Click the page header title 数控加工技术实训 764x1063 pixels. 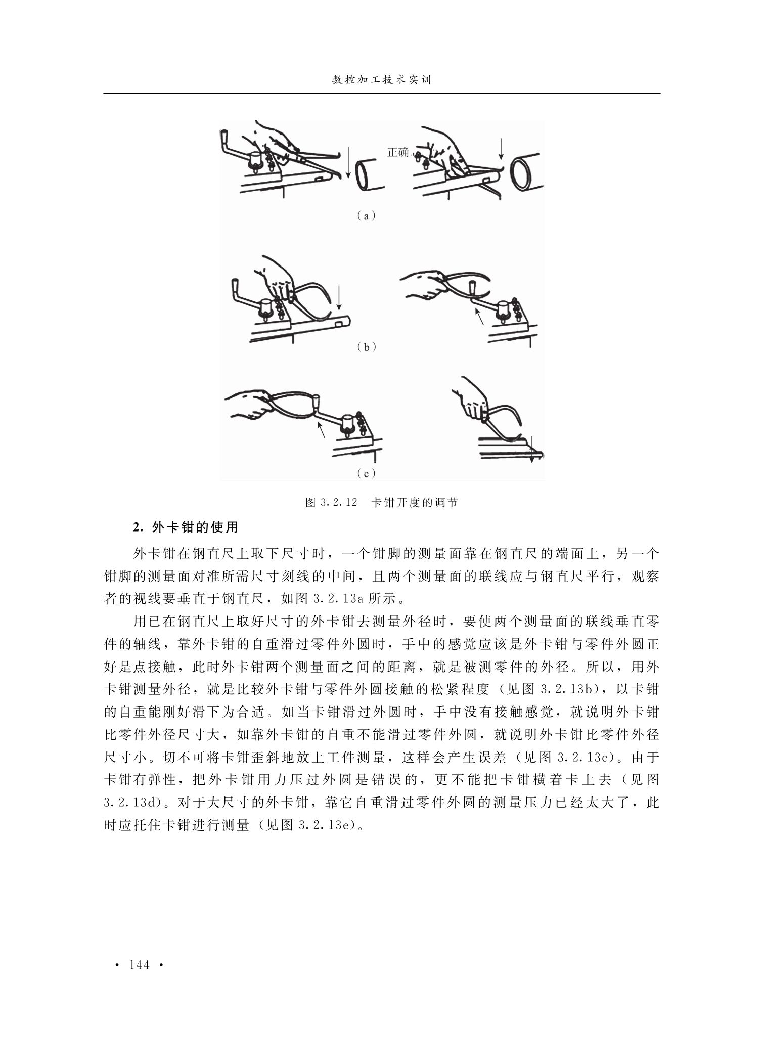tap(382, 80)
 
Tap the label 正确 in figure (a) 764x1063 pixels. tap(398, 152)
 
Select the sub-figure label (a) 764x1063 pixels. tap(365, 216)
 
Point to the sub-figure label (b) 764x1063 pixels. tap(366, 347)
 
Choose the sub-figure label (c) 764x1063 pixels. tap(366, 474)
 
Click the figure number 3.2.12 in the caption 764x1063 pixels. tap(339, 503)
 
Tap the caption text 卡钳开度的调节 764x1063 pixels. tap(415, 503)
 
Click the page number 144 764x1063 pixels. tap(140, 965)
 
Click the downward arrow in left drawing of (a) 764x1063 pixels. tap(348, 161)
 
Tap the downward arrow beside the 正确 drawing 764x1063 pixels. tap(501, 149)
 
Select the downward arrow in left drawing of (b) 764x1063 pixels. tap(339, 297)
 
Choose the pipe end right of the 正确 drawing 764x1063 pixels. tap(526, 172)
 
